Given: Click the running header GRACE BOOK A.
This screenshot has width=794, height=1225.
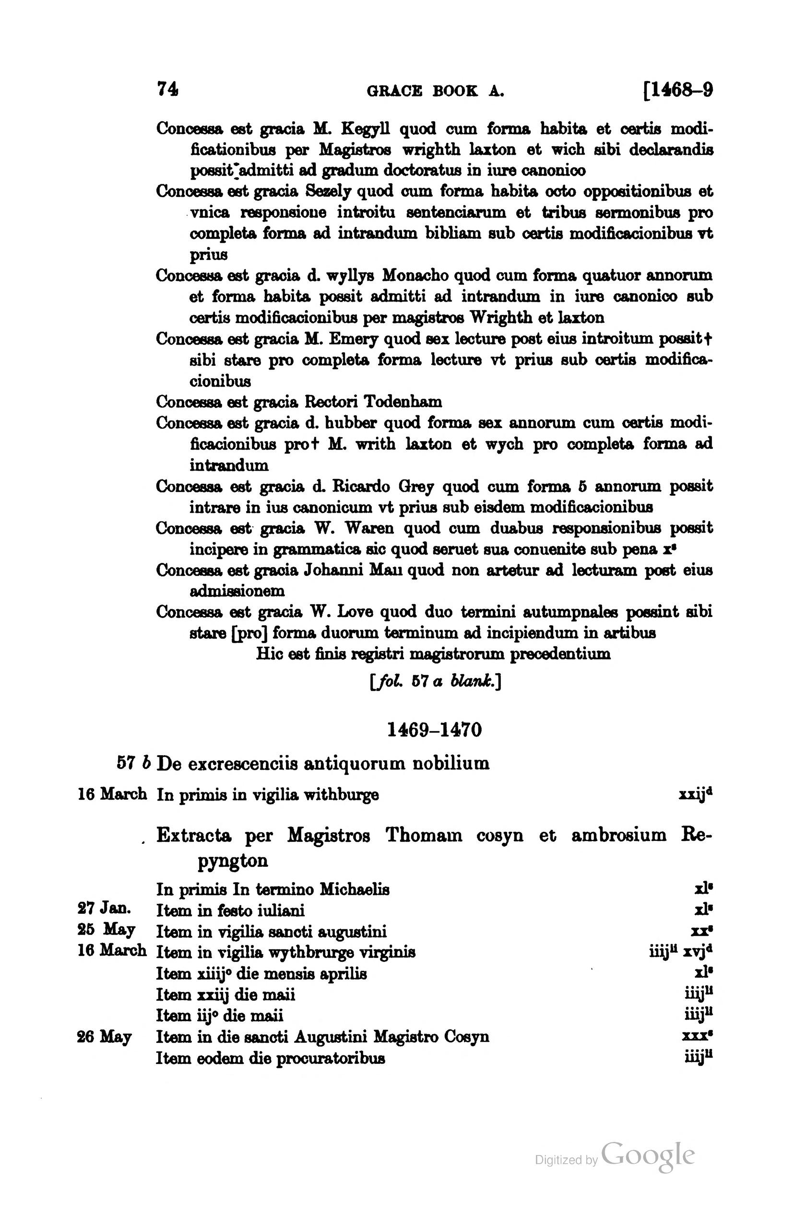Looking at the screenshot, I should tap(435, 92).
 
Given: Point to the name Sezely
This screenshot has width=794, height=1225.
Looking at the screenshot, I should tap(328, 191).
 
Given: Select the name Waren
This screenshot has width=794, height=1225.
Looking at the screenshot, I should tap(369, 529).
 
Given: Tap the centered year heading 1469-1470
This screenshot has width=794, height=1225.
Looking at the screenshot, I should tap(434, 730).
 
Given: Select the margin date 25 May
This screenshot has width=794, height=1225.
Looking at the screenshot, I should tap(106, 929).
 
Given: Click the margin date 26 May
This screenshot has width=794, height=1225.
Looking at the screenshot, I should tap(104, 1036).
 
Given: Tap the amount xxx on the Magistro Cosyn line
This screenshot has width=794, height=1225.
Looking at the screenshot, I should tap(696, 1036).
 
